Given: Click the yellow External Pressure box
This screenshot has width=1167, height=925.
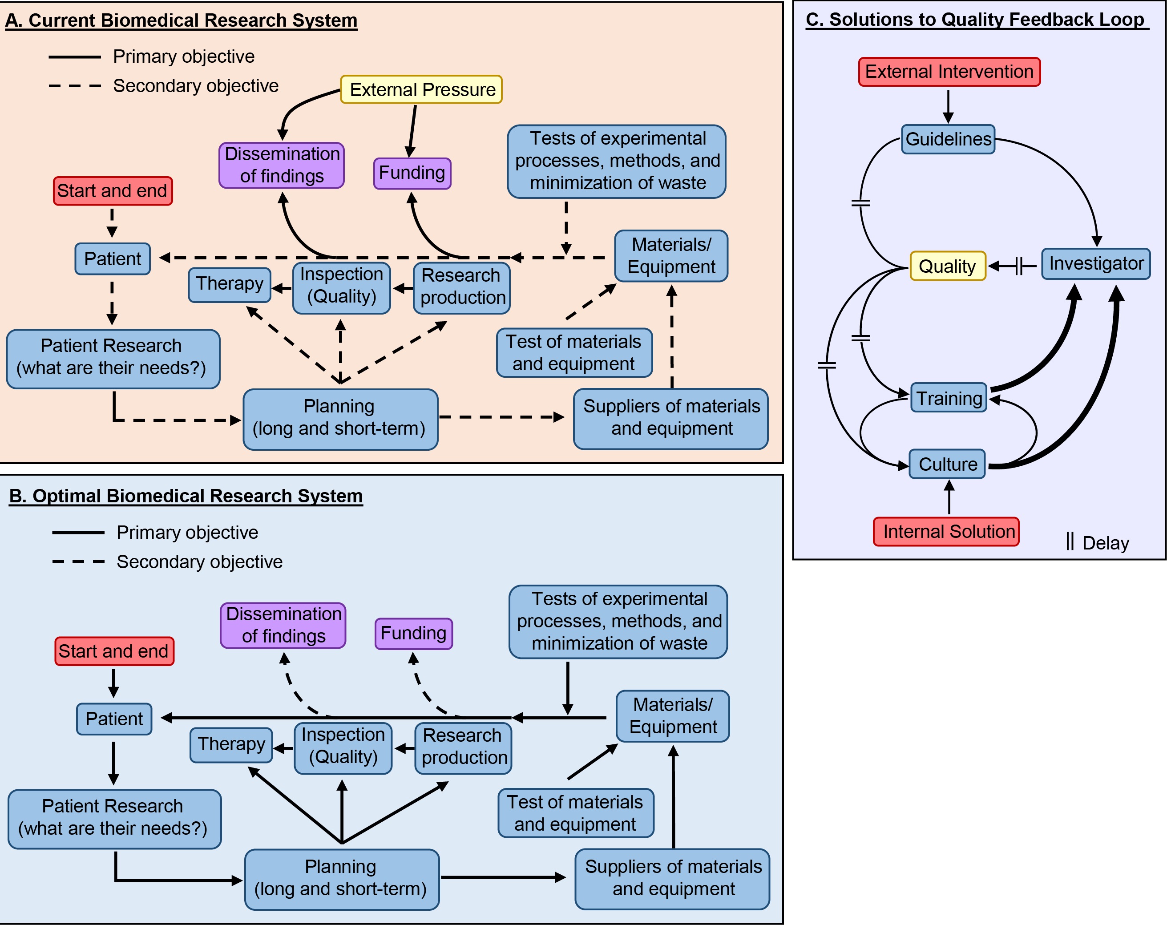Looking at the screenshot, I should click(x=421, y=89).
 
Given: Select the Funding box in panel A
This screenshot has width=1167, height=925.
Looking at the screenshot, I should click(x=412, y=173).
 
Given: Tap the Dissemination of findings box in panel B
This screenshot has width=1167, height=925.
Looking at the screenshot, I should click(x=283, y=625).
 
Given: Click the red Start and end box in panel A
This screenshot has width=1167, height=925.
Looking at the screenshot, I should click(x=113, y=190).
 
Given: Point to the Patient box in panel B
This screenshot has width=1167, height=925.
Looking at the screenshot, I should click(x=114, y=719).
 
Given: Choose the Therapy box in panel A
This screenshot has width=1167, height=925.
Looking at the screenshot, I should click(x=230, y=284).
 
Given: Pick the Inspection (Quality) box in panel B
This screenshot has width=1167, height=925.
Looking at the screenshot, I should click(x=343, y=747).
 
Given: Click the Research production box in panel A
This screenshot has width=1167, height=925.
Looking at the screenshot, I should click(x=462, y=287).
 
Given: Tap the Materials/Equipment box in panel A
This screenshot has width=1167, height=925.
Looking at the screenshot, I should click(x=671, y=256).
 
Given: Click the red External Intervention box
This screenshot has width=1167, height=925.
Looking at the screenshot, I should click(x=949, y=72).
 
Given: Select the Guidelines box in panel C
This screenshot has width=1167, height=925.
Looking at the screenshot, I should click(x=948, y=139).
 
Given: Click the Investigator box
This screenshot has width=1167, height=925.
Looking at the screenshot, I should click(x=1096, y=263).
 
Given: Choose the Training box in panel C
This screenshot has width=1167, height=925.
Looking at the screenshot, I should click(x=949, y=398).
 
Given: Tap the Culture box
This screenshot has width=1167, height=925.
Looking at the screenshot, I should click(x=948, y=464).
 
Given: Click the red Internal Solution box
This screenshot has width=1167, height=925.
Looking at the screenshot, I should click(x=946, y=532).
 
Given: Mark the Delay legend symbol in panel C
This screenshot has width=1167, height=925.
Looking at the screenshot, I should click(x=1070, y=541).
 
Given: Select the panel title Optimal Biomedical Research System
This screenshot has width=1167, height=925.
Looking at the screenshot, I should click(x=186, y=496).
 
